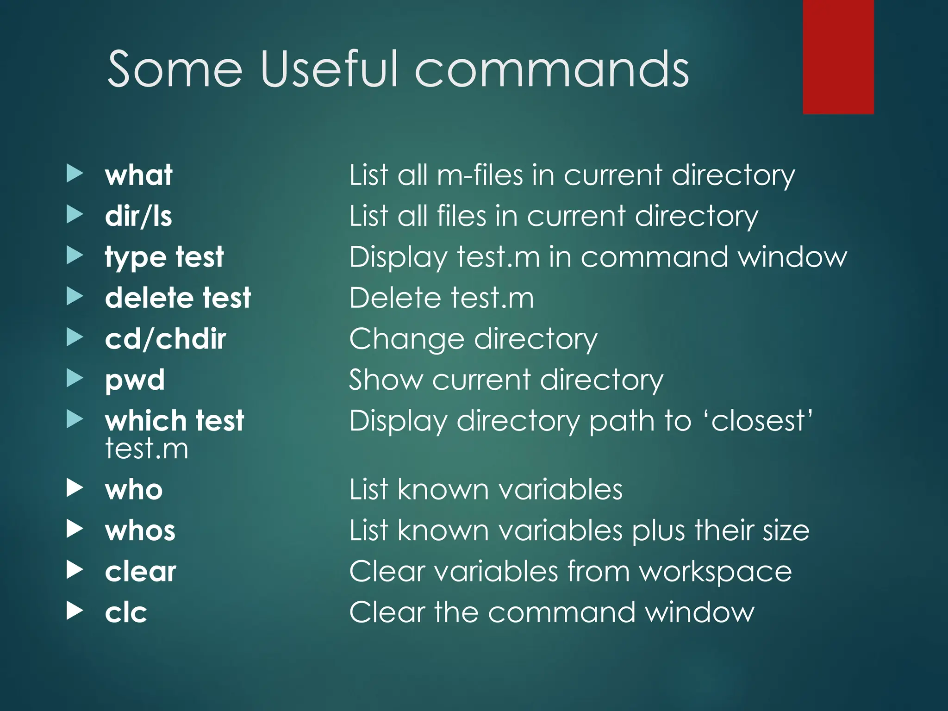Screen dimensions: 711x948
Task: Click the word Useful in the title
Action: [329, 69]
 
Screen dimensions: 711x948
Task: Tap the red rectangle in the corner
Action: [838, 56]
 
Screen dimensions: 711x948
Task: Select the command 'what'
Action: [138, 175]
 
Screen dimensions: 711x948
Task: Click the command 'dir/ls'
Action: [138, 216]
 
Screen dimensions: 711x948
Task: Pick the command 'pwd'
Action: [135, 380]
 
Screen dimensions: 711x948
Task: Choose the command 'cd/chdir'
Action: [165, 339]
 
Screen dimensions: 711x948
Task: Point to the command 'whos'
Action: [140, 530]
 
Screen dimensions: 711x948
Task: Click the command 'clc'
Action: [126, 612]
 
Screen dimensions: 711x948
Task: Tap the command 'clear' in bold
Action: [140, 572]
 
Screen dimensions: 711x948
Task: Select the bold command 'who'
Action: [134, 490]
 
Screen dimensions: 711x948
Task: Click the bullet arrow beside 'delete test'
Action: [75, 296]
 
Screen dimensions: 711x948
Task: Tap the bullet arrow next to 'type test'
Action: [75, 256]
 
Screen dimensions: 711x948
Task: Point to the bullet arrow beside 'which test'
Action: [75, 419]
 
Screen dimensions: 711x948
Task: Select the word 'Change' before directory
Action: [406, 339]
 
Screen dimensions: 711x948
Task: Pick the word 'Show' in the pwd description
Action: [386, 380]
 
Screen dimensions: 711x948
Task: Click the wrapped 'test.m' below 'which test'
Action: [147, 449]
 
